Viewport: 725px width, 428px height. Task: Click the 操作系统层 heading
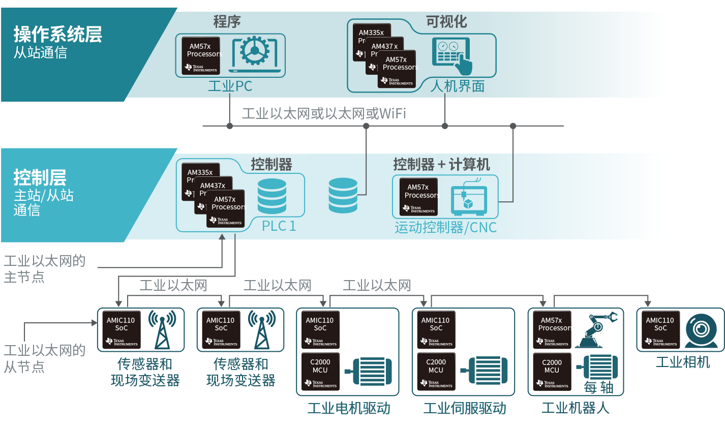coord(57,35)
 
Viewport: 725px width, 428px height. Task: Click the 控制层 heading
coord(40,177)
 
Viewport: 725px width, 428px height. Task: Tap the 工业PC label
coord(230,86)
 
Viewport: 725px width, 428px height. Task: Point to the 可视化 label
coord(446,22)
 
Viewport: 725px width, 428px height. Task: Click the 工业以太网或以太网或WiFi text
coord(323,113)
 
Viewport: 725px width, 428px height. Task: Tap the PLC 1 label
coord(279,226)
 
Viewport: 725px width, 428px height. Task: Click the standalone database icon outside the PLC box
coord(343,195)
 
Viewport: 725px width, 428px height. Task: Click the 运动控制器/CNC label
coord(445,227)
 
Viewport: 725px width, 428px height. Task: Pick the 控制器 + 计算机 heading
coord(441,164)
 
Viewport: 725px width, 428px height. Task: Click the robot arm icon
coord(595,330)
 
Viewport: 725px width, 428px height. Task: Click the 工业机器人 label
coord(575,408)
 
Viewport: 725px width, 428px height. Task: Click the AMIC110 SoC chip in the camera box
coord(660,330)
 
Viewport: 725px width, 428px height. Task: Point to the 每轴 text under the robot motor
coord(598,387)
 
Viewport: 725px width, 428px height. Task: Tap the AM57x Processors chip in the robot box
coord(552,330)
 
